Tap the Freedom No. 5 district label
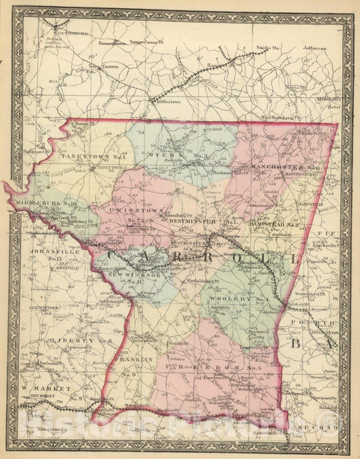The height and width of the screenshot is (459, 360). click(202, 366)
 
